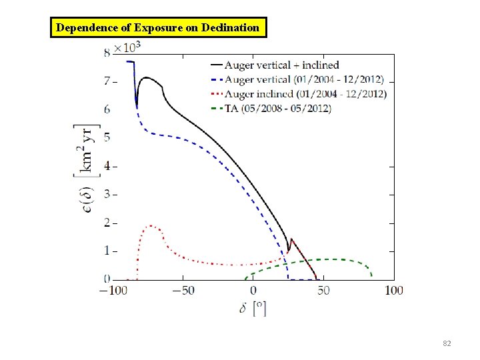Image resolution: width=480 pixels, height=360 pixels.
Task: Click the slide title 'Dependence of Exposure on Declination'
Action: click(x=158, y=28)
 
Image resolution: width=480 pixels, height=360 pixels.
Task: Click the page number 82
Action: click(x=447, y=343)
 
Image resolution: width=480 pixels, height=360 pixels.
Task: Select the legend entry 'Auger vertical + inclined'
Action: click(x=281, y=65)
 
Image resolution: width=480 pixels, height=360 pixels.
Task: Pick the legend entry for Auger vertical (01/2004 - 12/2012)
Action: click(x=304, y=79)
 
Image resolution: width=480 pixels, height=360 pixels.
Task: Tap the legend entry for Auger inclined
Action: click(x=305, y=94)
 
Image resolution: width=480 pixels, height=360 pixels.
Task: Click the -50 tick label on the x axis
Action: click(x=183, y=290)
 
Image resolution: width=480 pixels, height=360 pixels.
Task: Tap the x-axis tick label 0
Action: click(x=253, y=290)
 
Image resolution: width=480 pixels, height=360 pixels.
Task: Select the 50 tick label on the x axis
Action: click(x=323, y=290)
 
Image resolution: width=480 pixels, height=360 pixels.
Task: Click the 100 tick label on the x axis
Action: click(x=394, y=290)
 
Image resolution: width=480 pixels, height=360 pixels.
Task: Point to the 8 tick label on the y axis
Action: click(x=107, y=53)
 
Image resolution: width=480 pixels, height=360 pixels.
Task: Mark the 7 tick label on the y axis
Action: click(x=107, y=81)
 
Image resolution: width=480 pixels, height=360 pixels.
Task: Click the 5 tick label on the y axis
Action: click(x=107, y=137)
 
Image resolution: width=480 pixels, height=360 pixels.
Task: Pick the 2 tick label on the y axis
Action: click(x=107, y=222)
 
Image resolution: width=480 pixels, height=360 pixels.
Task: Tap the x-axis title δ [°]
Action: click(x=253, y=309)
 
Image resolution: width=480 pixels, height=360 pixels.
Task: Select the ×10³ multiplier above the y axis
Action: click(x=127, y=48)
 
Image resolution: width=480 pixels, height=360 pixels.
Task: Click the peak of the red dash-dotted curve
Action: click(x=152, y=225)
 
